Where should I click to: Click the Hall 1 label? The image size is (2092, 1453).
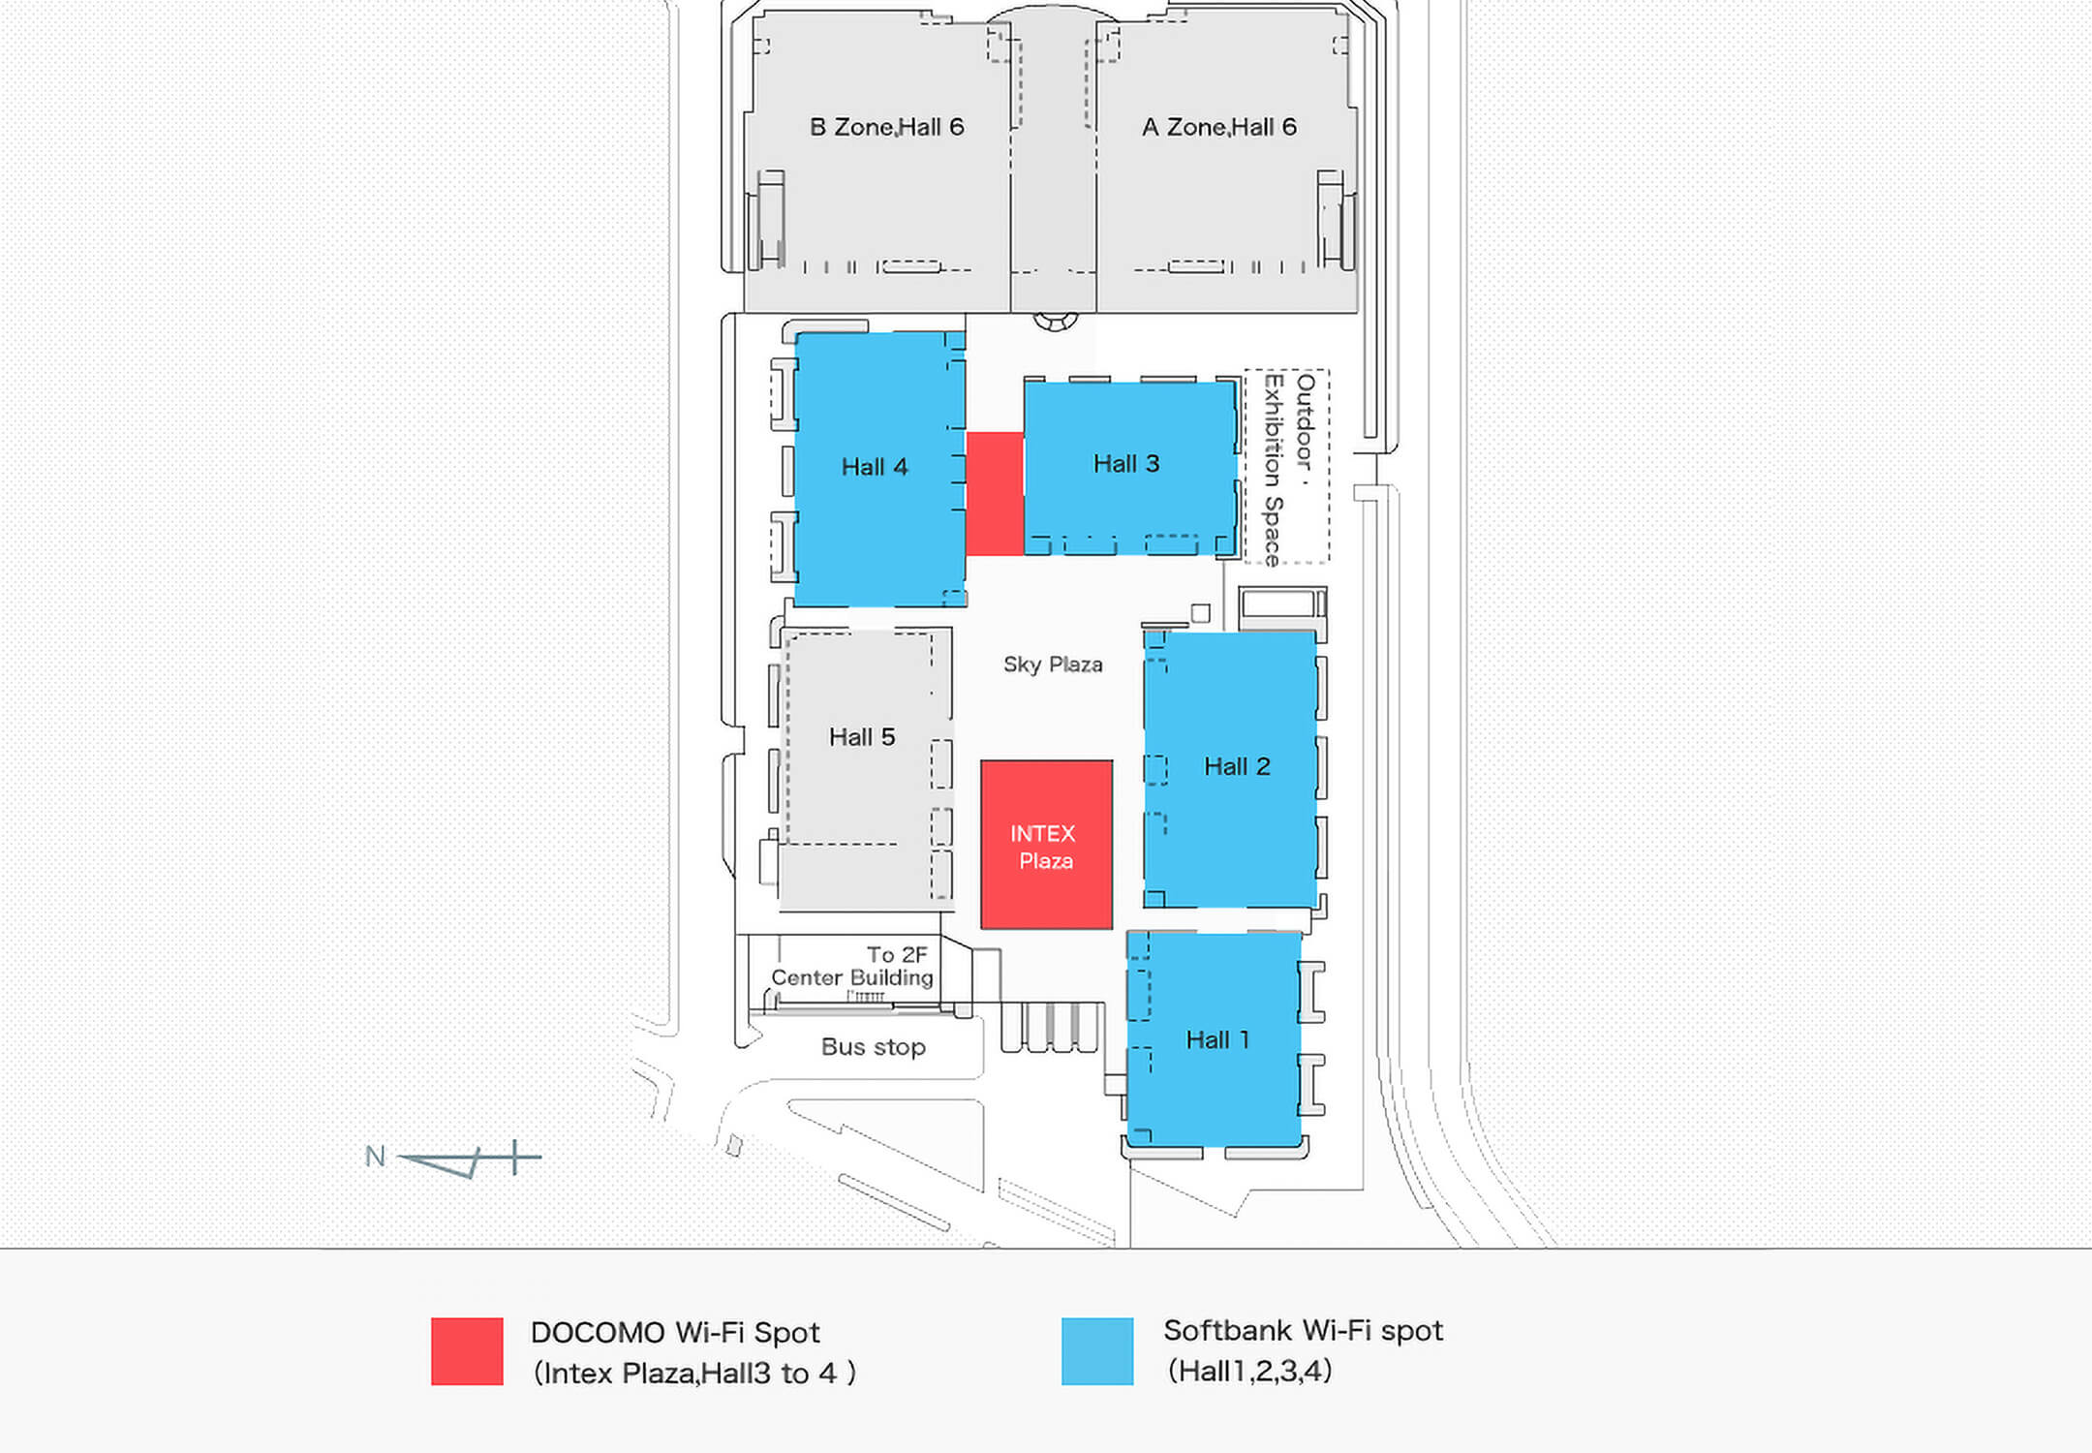1217,1040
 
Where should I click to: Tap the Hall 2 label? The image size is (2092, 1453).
1237,766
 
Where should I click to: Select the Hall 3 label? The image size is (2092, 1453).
1126,464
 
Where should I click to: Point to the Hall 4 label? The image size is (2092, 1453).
875,467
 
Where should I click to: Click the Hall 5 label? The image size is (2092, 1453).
862,737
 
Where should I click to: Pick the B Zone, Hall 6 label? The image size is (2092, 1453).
887,127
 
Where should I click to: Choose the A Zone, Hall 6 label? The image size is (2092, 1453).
1219,127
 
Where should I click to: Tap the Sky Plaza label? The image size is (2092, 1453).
1053,665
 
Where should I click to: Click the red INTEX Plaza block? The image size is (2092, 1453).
1046,845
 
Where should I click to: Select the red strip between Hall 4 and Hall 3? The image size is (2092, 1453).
995,494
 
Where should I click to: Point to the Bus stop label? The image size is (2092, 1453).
874,1047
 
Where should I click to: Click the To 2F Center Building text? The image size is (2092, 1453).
852,967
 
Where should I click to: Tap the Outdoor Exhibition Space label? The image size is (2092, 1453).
1289,469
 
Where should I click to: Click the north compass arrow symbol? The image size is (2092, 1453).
470,1159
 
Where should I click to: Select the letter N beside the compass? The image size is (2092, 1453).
375,1157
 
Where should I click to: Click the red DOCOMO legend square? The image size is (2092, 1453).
467,1351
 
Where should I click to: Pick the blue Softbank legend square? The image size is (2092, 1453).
1097,1351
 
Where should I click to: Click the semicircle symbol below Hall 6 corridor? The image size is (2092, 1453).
1056,321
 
